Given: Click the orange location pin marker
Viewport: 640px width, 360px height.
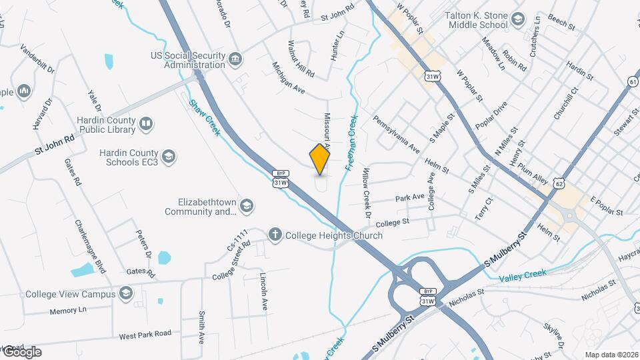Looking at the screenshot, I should click(320, 159).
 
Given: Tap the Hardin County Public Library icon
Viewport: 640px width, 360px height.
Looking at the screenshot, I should click(145, 123).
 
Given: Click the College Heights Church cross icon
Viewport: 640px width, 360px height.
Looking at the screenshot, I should click(274, 235).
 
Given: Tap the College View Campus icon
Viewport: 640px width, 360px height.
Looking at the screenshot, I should click(126, 293).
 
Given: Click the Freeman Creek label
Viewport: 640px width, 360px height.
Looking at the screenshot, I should click(351, 143).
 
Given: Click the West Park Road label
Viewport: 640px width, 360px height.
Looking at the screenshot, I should click(145, 334).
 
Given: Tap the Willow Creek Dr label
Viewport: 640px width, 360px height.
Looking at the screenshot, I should click(365, 193).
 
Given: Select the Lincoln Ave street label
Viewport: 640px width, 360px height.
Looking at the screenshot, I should click(263, 292).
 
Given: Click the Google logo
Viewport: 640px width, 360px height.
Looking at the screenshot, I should click(21, 352).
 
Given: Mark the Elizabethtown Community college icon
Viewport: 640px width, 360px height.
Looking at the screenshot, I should click(247, 204).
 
